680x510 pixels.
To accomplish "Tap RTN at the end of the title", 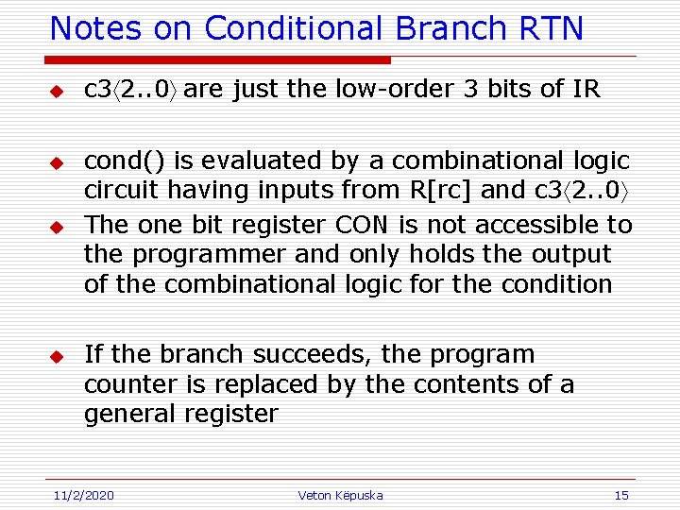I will [x=552, y=28].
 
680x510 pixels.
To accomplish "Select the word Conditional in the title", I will [x=294, y=28].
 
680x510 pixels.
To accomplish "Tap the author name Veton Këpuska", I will [x=340, y=495].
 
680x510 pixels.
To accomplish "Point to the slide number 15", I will [x=620, y=495].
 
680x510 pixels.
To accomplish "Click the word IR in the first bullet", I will [x=586, y=90].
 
